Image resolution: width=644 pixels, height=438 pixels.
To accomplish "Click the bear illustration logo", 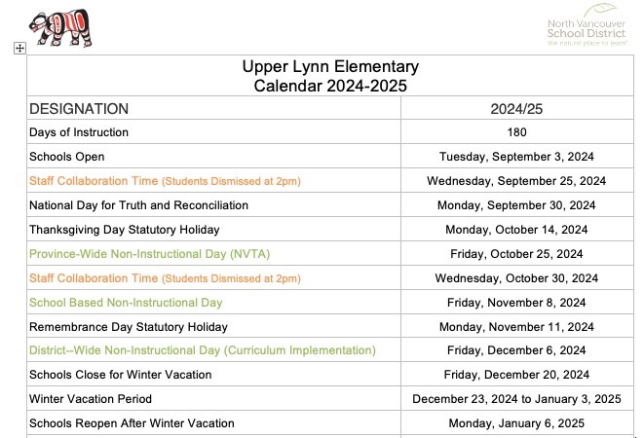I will tap(57, 29).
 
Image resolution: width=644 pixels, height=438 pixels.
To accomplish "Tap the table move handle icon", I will tap(19, 48).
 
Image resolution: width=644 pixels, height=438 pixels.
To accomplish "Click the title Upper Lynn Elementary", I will tap(330, 67).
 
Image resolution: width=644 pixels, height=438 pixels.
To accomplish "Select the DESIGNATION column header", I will tap(79, 109).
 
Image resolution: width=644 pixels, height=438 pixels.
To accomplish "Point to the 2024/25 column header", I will tap(516, 109).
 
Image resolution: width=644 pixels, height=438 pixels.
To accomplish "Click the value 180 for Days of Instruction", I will tap(516, 132).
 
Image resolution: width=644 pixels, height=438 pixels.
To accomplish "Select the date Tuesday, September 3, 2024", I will tap(516, 157).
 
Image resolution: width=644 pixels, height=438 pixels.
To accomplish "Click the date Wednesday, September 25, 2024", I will tap(516, 181).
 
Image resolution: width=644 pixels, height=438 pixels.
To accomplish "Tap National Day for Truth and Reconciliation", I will tap(139, 205).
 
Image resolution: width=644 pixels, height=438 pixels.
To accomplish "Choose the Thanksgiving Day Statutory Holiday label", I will tap(125, 230).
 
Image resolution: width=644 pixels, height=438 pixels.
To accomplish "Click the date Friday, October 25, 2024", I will tap(516, 254).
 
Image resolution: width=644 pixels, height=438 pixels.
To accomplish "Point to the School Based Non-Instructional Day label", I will tap(127, 303).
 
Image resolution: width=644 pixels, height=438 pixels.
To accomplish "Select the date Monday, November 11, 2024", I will tap(516, 327).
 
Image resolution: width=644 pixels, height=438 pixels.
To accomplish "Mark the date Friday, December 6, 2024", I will tap(516, 350).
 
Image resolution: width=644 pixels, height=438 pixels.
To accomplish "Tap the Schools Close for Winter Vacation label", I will tap(121, 375).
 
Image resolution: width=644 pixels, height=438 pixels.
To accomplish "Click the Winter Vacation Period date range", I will tap(516, 399).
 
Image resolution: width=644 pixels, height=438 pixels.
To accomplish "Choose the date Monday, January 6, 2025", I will tap(516, 423).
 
